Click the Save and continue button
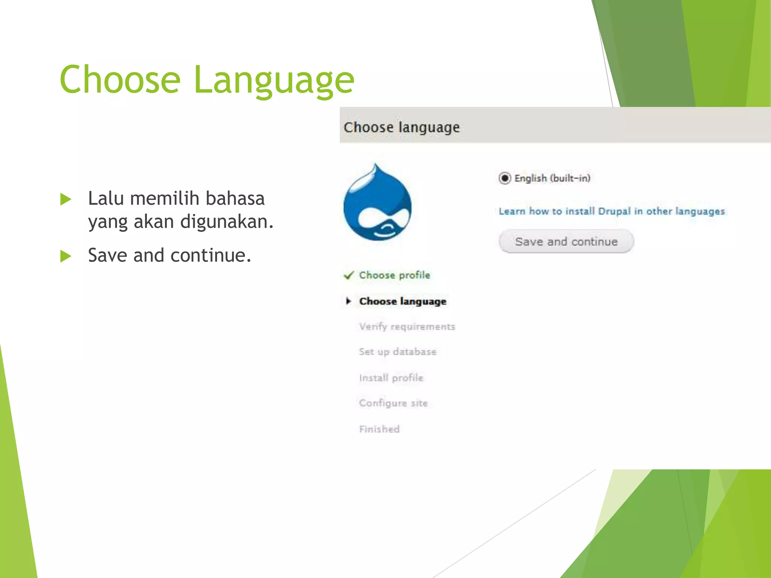566,242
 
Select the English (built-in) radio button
504,178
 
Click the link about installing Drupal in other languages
611,211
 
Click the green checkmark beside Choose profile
349,275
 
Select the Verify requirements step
407,327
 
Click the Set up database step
398,352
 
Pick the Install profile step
391,378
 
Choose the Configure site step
393,403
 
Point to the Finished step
379,429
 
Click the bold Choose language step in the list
403,301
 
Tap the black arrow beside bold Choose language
349,301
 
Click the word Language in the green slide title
274,80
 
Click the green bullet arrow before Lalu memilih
66,199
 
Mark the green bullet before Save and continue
66,256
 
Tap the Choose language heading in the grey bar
402,127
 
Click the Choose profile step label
395,275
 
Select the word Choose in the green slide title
120,79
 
